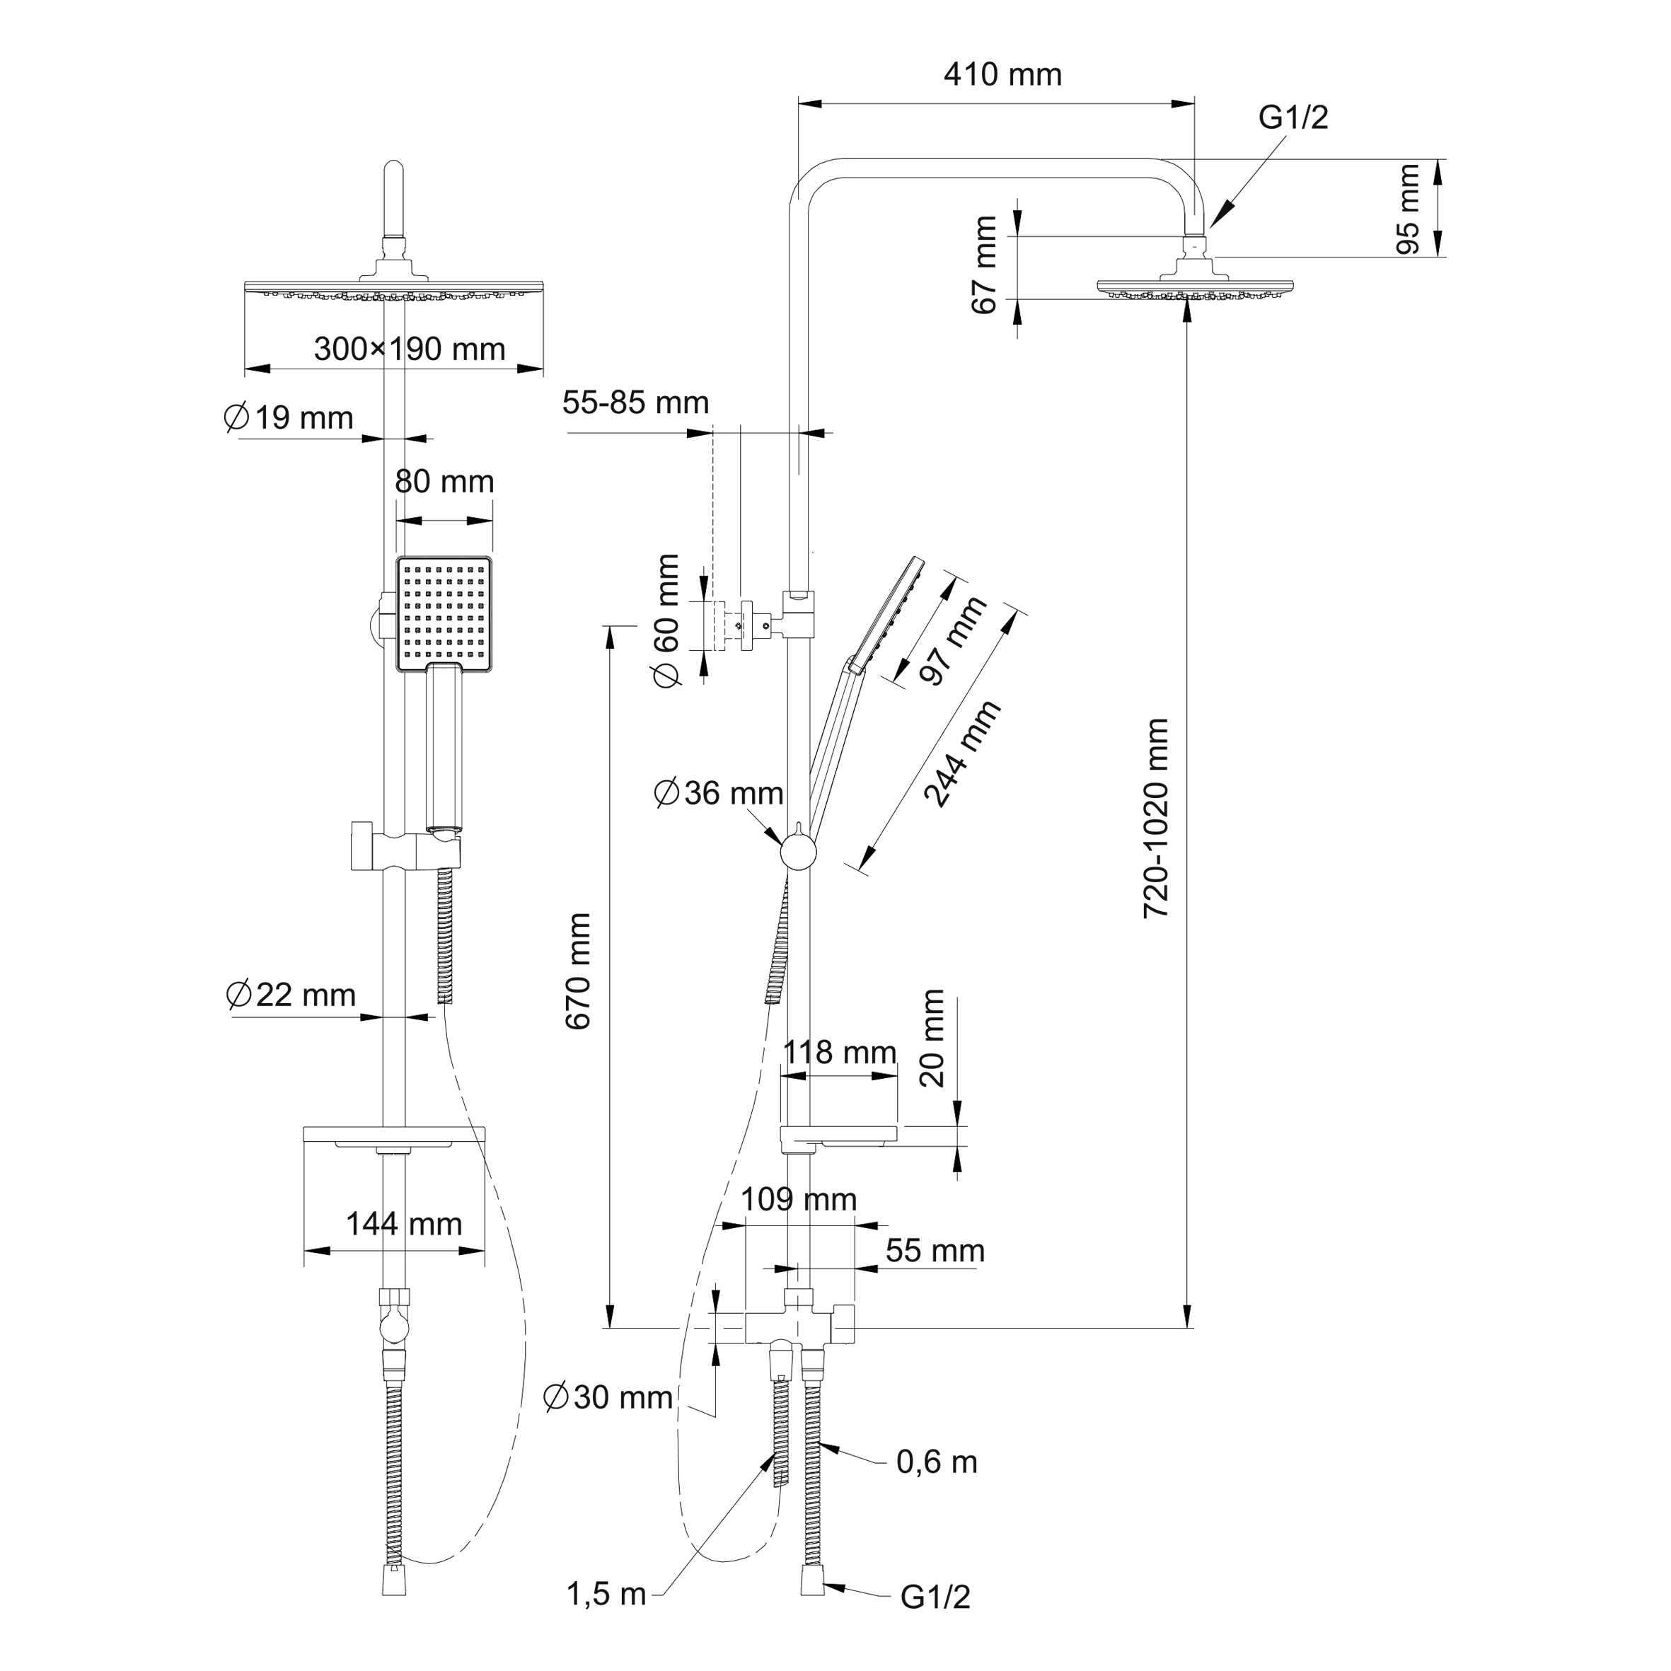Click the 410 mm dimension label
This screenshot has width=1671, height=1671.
pos(1002,75)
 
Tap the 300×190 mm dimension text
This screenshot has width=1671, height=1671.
pos(409,349)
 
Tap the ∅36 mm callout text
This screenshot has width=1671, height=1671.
pos(719,793)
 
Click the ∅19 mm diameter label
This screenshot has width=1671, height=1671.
pos(289,417)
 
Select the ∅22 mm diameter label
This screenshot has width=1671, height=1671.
pos(291,995)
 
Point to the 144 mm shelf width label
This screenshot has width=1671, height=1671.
pos(404,1224)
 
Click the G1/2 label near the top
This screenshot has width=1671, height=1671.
pos(1293,117)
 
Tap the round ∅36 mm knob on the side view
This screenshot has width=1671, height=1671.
pos(798,852)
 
